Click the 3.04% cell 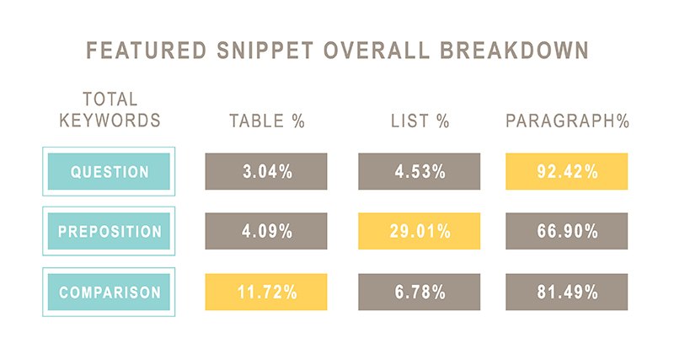tap(266, 171)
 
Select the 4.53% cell tap(419, 171)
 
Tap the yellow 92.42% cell tap(566, 171)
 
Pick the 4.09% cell tap(266, 231)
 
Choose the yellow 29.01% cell tap(419, 231)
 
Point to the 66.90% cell tap(566, 231)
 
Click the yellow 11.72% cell tap(266, 292)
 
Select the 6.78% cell tap(419, 292)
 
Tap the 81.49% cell tap(566, 292)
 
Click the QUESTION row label tap(110, 171)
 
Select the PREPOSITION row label tap(110, 231)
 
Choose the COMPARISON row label tap(110, 292)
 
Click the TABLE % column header tap(267, 121)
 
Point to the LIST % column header tap(420, 121)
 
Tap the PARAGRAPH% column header tap(567, 121)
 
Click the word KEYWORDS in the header tap(110, 120)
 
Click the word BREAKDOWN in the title tap(515, 50)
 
